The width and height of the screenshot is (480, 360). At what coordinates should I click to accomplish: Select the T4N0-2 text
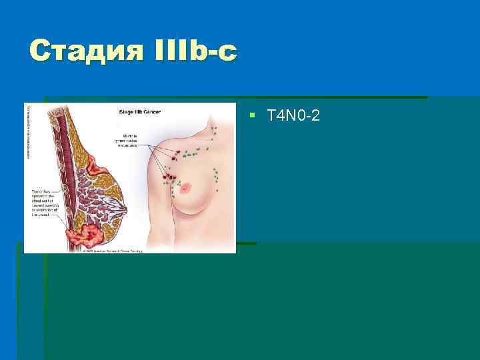293,116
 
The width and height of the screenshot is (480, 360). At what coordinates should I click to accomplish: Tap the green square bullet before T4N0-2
252,115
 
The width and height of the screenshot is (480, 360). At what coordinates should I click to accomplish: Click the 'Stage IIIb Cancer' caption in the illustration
143,112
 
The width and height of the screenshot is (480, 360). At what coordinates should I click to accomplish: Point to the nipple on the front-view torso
186,186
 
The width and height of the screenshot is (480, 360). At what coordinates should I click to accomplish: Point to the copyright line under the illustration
113,251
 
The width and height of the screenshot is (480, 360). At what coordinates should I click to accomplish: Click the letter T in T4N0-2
270,116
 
